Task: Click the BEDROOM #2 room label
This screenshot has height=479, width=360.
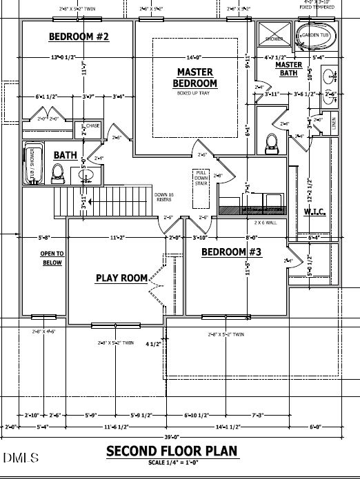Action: tap(77, 36)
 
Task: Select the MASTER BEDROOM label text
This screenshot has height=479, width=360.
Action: tap(195, 77)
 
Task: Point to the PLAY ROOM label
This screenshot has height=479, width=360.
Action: tap(121, 278)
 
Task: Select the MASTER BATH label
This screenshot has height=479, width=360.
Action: tap(288, 69)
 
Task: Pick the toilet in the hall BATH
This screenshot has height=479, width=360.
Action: tap(58, 175)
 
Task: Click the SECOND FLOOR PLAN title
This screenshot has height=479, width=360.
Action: tap(172, 451)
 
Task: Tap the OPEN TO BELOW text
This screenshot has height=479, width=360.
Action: tap(51, 258)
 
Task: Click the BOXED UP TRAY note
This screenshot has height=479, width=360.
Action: tap(194, 92)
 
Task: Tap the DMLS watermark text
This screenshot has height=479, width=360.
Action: tap(21, 458)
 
